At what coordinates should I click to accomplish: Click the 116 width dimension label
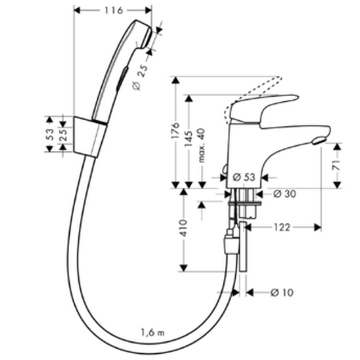pyautogui.click(x=114, y=10)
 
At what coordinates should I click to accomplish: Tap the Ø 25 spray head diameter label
pyautogui.click(x=140, y=78)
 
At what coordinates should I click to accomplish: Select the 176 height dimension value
pyautogui.click(x=175, y=130)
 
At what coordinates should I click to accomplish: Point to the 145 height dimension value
pyautogui.click(x=188, y=139)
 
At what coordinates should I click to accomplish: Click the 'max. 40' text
pyautogui.click(x=201, y=146)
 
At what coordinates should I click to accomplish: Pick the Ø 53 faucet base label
pyautogui.click(x=244, y=177)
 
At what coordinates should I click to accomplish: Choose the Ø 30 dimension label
pyautogui.click(x=285, y=194)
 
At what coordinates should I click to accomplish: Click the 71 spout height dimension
pyautogui.click(x=336, y=165)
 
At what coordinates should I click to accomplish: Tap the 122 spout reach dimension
pyautogui.click(x=282, y=227)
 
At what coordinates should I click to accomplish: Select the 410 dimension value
pyautogui.click(x=184, y=228)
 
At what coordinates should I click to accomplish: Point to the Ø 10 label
pyautogui.click(x=282, y=292)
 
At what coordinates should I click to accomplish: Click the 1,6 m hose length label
pyautogui.click(x=152, y=332)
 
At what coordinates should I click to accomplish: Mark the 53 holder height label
pyautogui.click(x=50, y=134)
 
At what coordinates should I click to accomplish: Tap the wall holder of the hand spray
pyautogui.click(x=90, y=137)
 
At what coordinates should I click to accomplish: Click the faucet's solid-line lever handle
pyautogui.click(x=264, y=108)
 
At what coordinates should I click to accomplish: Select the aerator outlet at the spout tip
pyautogui.click(x=319, y=141)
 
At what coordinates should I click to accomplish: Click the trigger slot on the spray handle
pyautogui.click(x=121, y=79)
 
